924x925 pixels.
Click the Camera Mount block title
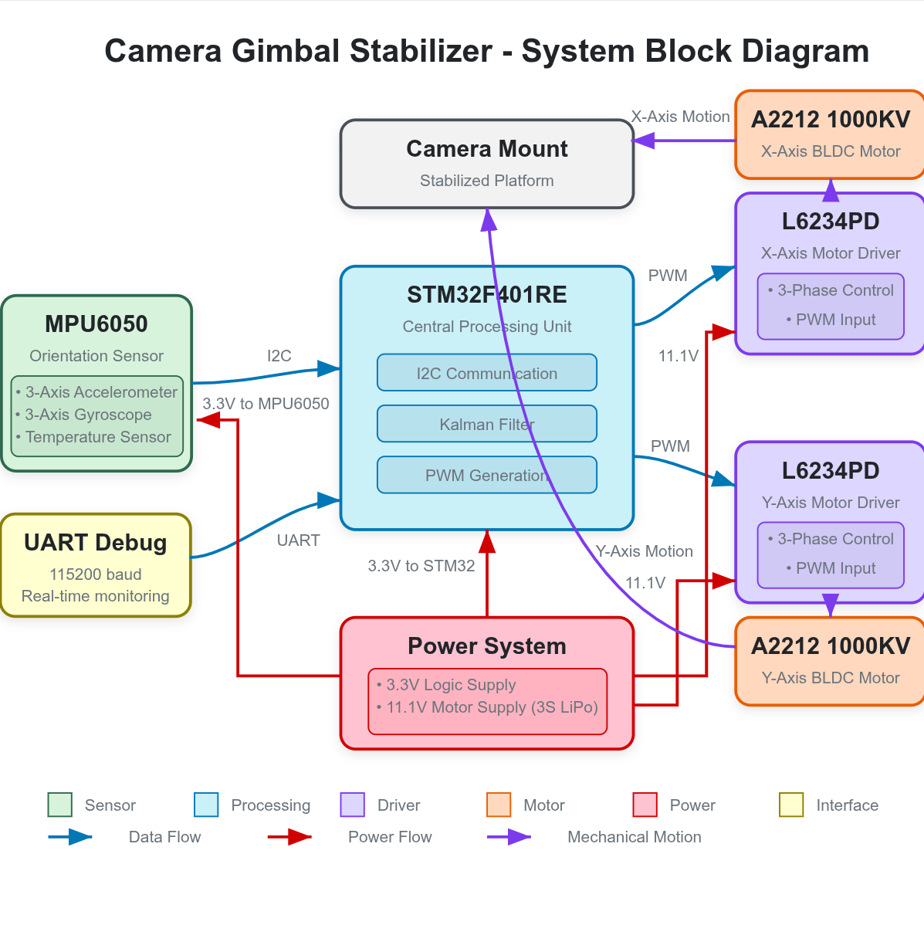pos(486,148)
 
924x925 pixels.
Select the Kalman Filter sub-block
pos(486,424)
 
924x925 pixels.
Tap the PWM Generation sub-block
pos(486,475)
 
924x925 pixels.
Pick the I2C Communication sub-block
pos(486,373)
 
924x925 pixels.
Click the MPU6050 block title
pos(96,324)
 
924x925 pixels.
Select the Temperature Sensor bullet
pos(97,437)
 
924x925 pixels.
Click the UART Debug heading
pos(95,542)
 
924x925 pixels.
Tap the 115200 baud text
pos(95,574)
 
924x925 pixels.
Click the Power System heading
pos(486,645)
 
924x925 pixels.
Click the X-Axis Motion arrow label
pos(680,117)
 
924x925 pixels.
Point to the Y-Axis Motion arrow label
pos(644,551)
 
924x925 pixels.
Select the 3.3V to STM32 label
pos(421,566)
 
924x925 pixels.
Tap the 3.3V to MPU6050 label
pos(266,404)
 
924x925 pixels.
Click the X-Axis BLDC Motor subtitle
pos(830,151)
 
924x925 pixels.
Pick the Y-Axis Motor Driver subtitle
pos(830,503)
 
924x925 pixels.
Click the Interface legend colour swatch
pos(791,805)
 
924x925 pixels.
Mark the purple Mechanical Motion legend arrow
pos(509,837)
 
